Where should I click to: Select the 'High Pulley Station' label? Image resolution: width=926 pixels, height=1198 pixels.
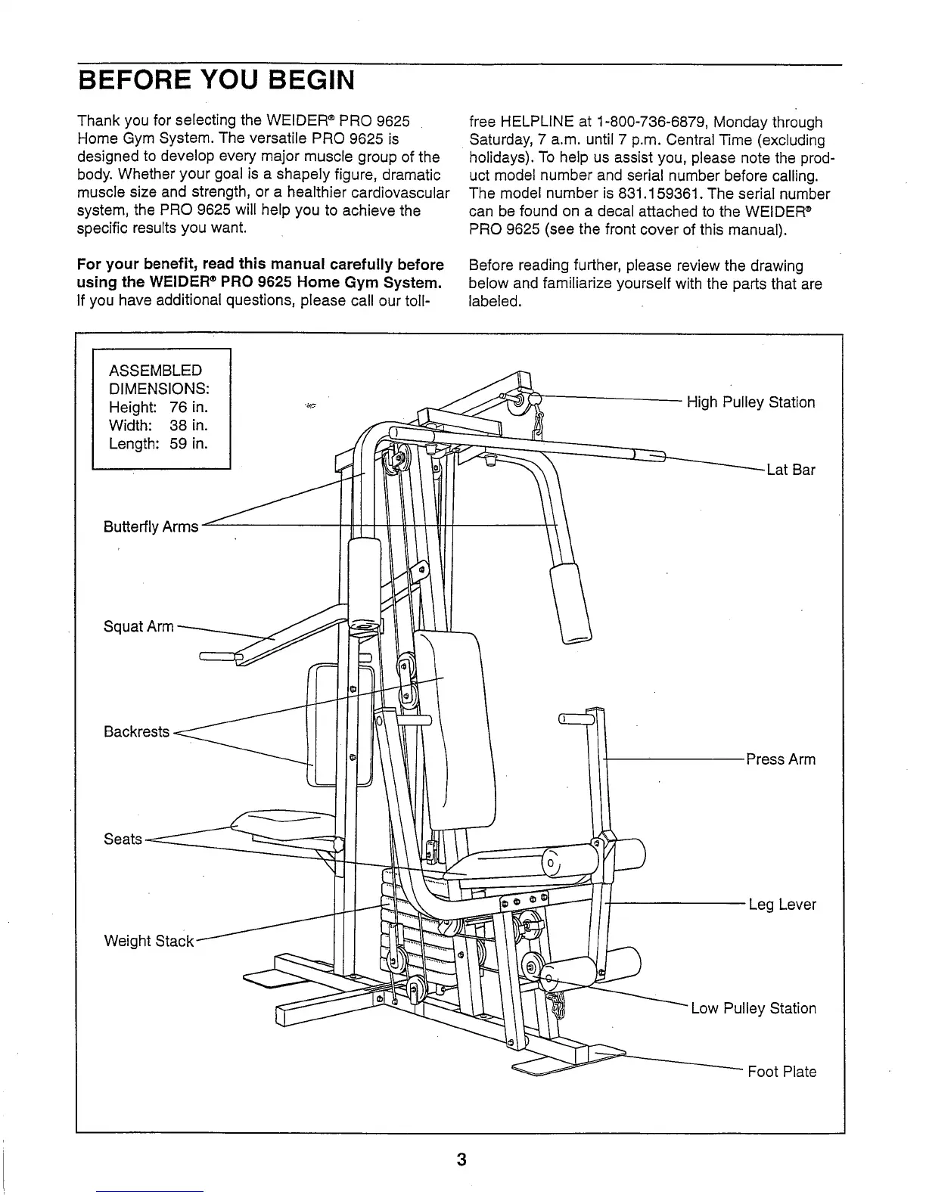pyautogui.click(x=750, y=402)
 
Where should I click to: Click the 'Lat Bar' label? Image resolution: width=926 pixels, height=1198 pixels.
pyautogui.click(x=791, y=470)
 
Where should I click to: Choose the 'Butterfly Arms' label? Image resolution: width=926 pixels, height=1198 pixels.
pyautogui.click(x=151, y=526)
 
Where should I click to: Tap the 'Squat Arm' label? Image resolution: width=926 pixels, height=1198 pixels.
pyautogui.click(x=138, y=627)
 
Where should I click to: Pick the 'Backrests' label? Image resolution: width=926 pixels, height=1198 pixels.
pyautogui.click(x=136, y=731)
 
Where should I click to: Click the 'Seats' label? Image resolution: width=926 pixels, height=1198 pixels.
pyautogui.click(x=123, y=839)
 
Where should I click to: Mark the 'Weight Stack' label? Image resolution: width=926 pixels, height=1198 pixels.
pyautogui.click(x=149, y=941)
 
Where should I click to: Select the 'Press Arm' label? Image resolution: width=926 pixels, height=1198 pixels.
pyautogui.click(x=781, y=759)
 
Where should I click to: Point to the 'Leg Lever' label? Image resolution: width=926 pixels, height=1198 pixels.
pyautogui.click(x=782, y=905)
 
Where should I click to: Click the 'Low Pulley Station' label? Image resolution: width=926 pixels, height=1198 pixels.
pyautogui.click(x=754, y=1008)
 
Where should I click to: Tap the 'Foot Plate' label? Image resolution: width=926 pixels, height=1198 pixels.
pyautogui.click(x=782, y=1072)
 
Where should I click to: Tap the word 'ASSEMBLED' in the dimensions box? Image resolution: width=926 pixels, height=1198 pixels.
pyautogui.click(x=156, y=371)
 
